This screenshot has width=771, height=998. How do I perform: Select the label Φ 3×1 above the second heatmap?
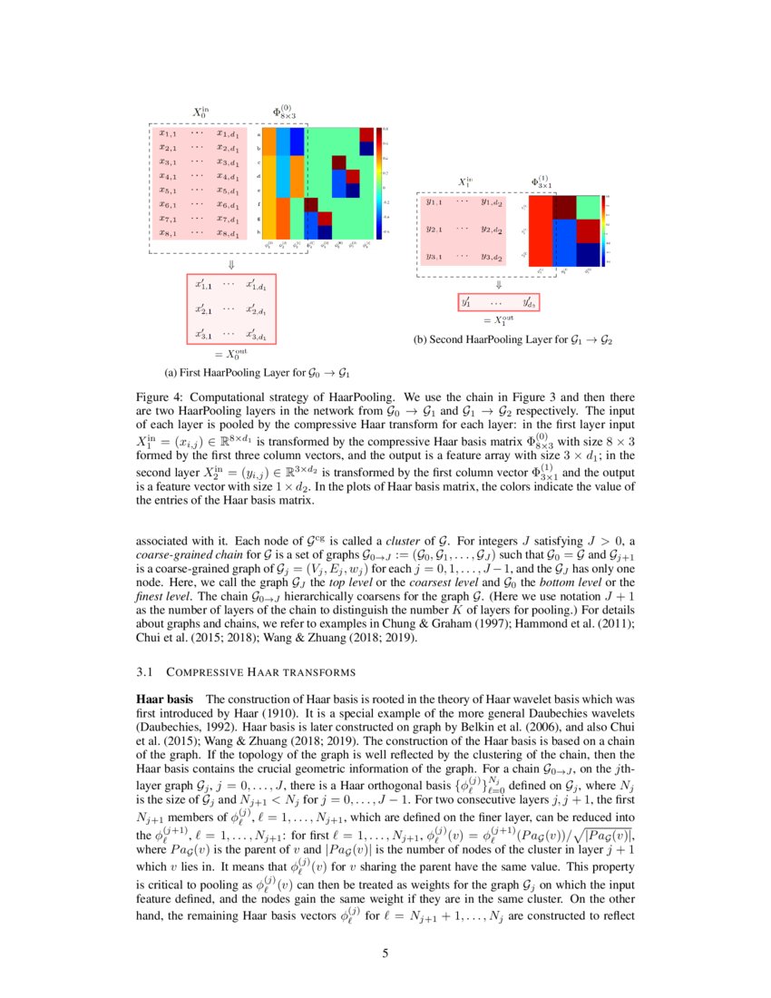click(542, 182)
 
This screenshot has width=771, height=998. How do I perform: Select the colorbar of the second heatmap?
click(607, 231)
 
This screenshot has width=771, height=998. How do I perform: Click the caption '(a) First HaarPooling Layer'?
click(257, 372)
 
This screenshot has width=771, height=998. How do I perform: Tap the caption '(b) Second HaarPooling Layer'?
click(512, 340)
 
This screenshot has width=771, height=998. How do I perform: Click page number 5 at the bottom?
click(385, 953)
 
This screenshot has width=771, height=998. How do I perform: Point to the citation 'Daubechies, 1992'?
click(186, 727)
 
